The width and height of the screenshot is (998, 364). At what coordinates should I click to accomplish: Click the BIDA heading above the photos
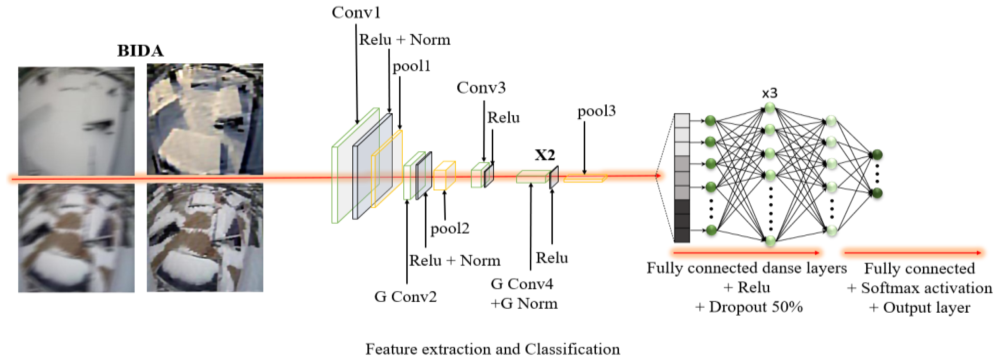click(x=140, y=51)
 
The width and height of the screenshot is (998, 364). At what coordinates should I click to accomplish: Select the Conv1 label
click(x=356, y=12)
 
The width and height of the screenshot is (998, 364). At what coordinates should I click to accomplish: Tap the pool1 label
click(x=411, y=66)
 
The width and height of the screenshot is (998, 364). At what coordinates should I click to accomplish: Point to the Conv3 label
click(x=481, y=88)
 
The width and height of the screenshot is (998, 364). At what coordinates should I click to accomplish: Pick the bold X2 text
click(x=545, y=155)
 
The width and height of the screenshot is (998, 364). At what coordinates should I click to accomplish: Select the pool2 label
click(x=450, y=228)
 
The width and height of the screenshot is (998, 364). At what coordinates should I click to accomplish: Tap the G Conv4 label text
click(x=522, y=284)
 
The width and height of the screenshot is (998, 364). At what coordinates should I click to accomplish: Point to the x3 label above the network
click(x=769, y=93)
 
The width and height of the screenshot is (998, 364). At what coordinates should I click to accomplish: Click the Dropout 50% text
click(x=749, y=307)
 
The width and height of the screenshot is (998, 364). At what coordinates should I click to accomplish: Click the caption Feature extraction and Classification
click(x=492, y=349)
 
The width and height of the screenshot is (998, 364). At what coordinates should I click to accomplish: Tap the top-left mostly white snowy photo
click(x=76, y=121)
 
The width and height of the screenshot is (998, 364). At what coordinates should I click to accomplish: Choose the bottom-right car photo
click(x=205, y=238)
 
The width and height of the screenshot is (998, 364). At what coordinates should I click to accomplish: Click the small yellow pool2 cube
click(x=444, y=176)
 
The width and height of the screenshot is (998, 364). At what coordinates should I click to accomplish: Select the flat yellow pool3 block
click(x=584, y=179)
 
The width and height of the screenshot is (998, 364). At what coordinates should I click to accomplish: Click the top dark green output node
click(x=877, y=155)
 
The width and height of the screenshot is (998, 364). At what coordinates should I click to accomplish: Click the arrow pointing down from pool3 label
click(x=584, y=147)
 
